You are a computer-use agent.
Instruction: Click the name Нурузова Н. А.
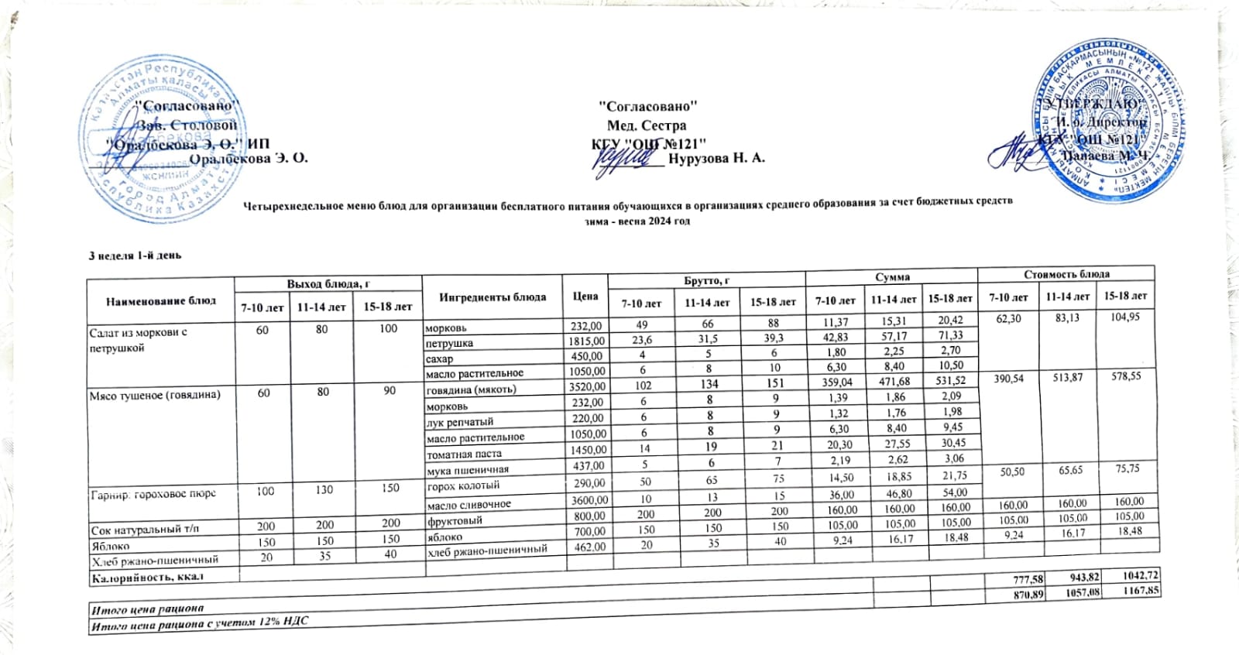(716, 158)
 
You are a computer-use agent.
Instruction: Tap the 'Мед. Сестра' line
(647, 125)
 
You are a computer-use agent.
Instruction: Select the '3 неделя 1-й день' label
(135, 255)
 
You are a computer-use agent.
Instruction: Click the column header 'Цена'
(585, 296)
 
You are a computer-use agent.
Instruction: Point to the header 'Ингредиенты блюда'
(493, 297)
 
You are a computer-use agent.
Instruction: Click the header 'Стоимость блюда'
(1066, 273)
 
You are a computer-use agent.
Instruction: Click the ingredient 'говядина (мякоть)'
(472, 389)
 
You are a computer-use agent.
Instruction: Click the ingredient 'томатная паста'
(464, 454)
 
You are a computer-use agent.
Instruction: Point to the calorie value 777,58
(1006, 580)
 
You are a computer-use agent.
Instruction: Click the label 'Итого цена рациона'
(147, 609)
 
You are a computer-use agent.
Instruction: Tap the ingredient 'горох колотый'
(464, 486)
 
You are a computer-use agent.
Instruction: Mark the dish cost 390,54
(1009, 378)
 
